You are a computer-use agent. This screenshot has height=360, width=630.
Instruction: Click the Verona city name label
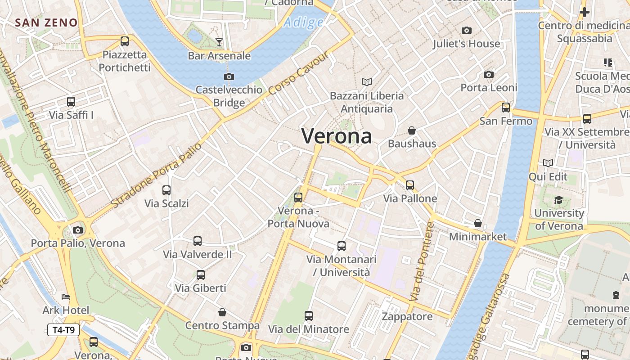[337, 136]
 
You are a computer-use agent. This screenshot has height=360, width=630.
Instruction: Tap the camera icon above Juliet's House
[467, 31]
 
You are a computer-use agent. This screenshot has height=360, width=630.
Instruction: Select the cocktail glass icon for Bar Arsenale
[219, 42]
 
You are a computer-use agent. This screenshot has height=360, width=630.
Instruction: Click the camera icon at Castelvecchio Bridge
[229, 76]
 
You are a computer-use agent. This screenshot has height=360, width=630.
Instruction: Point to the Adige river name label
[304, 22]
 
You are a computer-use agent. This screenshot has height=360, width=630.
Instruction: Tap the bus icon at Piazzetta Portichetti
[125, 41]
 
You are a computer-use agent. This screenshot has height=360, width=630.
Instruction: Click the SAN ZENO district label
[46, 22]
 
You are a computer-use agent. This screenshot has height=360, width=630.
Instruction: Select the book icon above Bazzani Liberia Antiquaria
[367, 82]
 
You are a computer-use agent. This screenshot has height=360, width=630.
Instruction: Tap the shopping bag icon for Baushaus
[411, 130]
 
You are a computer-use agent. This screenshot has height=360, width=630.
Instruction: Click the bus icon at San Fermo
[506, 108]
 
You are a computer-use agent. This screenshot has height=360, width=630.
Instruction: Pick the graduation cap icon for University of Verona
[558, 200]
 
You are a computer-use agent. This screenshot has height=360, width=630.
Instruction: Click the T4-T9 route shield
[63, 330]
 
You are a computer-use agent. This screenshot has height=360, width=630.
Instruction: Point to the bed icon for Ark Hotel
[66, 297]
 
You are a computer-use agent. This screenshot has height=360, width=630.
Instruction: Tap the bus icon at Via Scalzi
[166, 190]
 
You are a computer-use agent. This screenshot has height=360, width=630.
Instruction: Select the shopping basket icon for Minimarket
[478, 223]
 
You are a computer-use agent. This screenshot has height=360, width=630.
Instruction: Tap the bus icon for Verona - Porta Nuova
[298, 197]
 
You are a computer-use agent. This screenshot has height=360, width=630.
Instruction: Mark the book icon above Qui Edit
[548, 163]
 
